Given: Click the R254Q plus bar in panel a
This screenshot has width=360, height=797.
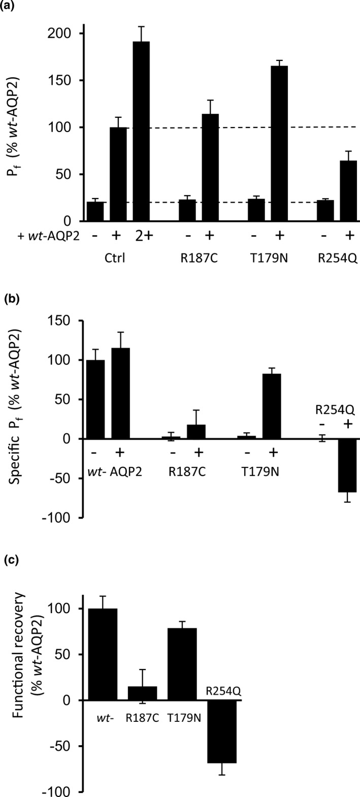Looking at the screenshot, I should click(x=348, y=190).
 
